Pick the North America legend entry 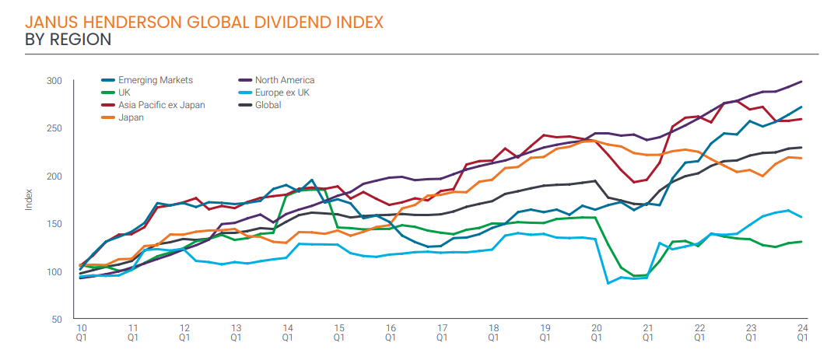(x=284, y=80)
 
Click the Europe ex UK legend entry (x=282, y=93)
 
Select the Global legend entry (x=268, y=105)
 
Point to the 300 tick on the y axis (x=54, y=81)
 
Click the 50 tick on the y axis (x=56, y=320)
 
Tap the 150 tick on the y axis (x=54, y=224)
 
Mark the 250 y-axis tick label (x=54, y=128)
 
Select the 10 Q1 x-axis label (x=81, y=333)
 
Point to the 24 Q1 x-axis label (x=802, y=333)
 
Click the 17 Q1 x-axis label (x=442, y=333)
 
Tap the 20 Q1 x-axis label (x=596, y=333)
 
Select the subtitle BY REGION (x=68, y=39)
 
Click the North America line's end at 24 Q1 (x=802, y=82)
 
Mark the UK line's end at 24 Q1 (x=802, y=242)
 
